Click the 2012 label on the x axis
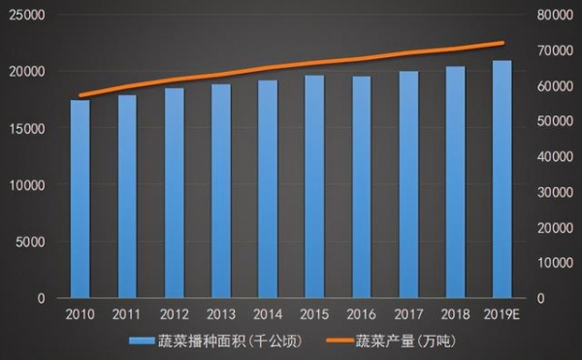[x=174, y=314]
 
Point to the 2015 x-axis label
[x=314, y=314]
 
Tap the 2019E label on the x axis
[x=502, y=314]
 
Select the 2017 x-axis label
[x=408, y=314]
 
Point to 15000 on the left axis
[x=29, y=128]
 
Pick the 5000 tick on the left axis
[x=33, y=242]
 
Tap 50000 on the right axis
[x=555, y=121]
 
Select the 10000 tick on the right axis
[x=555, y=262]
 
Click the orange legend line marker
[x=336, y=342]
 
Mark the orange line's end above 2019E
[x=502, y=43]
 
